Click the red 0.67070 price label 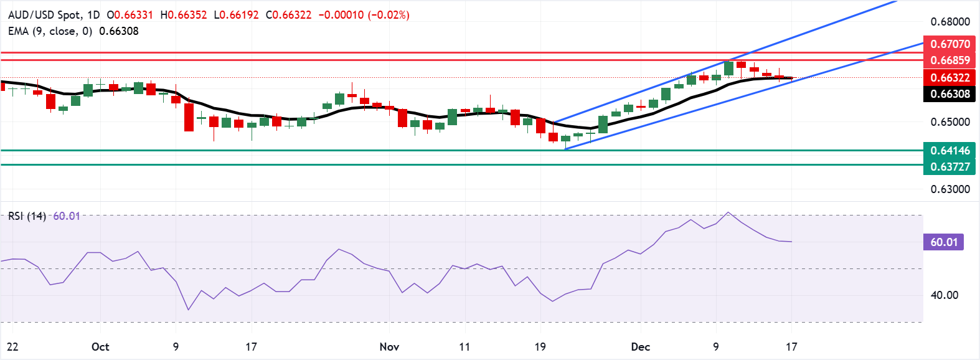(949, 44)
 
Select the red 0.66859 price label (949, 60)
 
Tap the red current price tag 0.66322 (949, 78)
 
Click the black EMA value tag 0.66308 (949, 94)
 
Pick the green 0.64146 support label (949, 150)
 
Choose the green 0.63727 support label (949, 166)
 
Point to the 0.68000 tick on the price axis (950, 22)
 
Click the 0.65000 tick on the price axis (950, 122)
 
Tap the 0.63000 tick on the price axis (950, 189)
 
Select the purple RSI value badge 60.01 (943, 242)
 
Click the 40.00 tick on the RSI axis (944, 295)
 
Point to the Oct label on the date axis (100, 347)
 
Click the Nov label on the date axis (389, 347)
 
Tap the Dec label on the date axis (640, 347)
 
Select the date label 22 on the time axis (12, 347)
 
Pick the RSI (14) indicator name (27, 216)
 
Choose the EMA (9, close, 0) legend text (50, 31)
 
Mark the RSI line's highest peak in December (728, 212)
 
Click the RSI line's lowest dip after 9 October (189, 310)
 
